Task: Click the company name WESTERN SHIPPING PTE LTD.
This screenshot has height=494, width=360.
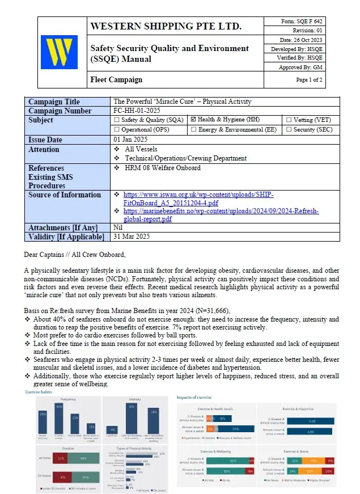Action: click(166, 26)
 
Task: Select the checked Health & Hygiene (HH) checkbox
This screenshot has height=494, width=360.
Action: click(193, 120)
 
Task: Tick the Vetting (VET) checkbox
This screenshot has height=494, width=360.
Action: click(289, 120)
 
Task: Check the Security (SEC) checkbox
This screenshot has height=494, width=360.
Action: click(289, 130)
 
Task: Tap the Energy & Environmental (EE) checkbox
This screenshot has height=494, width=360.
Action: click(193, 130)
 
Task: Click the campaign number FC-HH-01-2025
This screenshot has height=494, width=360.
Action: click(142, 111)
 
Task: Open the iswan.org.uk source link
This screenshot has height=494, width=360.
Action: click(198, 199)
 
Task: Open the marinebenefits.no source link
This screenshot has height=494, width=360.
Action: click(221, 215)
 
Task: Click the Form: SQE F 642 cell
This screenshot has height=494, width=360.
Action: click(302, 22)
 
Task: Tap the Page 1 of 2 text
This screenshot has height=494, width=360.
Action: click(309, 80)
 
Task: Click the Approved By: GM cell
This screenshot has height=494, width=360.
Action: click(302, 67)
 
